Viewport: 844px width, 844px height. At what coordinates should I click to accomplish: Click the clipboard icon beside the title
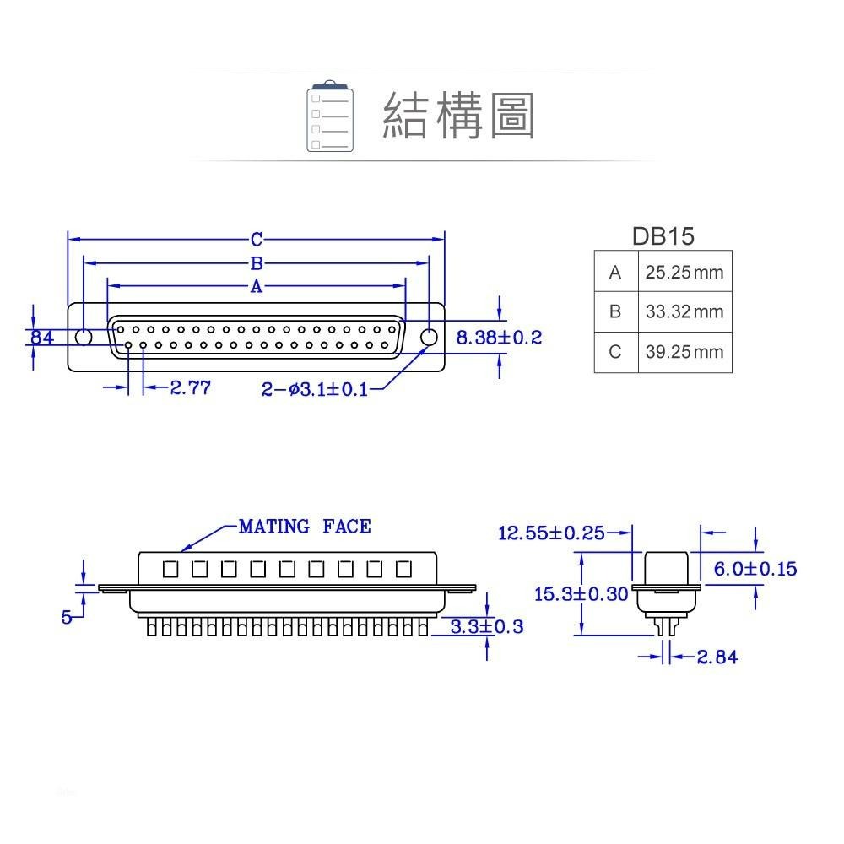pos(330,116)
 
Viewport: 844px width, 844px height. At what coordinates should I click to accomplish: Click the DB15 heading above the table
pos(663,236)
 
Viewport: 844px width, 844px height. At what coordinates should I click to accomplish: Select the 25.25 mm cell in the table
pos(684,273)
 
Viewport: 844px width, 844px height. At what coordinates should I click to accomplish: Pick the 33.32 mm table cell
pos(684,312)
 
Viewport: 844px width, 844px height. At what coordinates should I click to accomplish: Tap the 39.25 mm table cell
pos(684,352)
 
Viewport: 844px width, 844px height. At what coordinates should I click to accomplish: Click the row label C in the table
pos(615,352)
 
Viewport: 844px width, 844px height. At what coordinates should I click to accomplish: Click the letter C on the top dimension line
pos(257,239)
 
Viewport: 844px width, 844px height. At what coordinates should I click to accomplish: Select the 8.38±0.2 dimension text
pos(499,338)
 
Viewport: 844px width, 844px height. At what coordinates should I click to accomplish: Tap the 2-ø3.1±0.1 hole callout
pos(315,389)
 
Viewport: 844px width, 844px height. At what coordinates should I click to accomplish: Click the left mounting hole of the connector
pos(84,338)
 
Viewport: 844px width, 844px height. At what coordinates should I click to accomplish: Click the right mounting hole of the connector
pos(429,338)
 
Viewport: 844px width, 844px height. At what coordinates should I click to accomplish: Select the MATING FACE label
pos(305,527)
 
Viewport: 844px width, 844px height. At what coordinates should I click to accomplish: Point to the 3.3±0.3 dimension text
pos(487,626)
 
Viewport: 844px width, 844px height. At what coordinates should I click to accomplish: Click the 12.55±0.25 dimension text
pos(551,533)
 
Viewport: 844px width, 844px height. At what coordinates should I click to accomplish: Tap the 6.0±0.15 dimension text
pos(755,569)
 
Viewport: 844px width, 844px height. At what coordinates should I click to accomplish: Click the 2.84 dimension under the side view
pos(717,657)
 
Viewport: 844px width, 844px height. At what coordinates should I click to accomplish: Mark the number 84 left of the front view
pos(42,338)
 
